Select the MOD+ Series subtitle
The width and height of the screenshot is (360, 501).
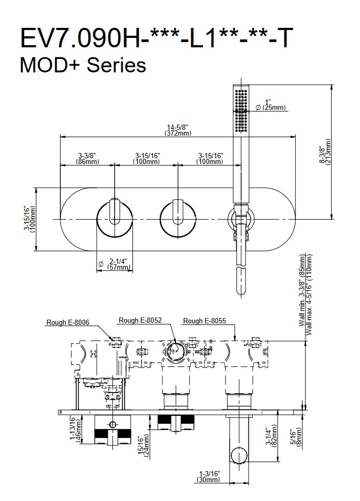click(82, 66)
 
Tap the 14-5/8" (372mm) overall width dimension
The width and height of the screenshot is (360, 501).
click(177, 130)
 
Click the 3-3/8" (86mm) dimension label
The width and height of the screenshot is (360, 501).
click(87, 158)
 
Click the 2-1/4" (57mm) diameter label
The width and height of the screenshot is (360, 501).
click(118, 264)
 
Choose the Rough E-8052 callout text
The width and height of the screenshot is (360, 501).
click(140, 320)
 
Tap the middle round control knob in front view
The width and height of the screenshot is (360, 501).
click(178, 218)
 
